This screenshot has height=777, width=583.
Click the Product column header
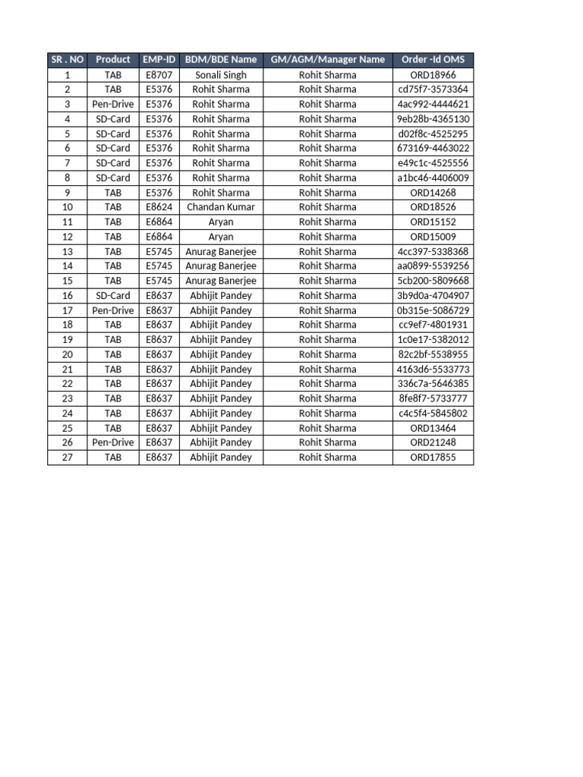pyautogui.click(x=113, y=60)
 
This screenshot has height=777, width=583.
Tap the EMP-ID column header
pyautogui.click(x=159, y=60)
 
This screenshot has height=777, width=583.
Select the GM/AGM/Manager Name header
pyautogui.click(x=327, y=60)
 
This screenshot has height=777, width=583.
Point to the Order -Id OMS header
pyautogui.click(x=433, y=60)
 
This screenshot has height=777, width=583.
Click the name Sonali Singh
pyautogui.click(x=221, y=75)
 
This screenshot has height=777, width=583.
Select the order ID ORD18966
pyautogui.click(x=433, y=75)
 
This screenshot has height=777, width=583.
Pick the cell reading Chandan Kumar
pyautogui.click(x=221, y=207)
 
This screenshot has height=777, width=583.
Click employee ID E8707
pyautogui.click(x=159, y=75)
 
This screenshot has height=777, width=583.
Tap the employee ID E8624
pyautogui.click(x=159, y=207)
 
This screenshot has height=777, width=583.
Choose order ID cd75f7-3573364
pyautogui.click(x=433, y=90)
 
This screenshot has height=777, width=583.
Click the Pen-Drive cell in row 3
pyautogui.click(x=113, y=104)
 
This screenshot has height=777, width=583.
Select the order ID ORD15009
pyautogui.click(x=433, y=237)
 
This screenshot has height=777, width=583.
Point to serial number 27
pyautogui.click(x=68, y=458)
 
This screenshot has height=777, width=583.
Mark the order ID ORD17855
pyautogui.click(x=433, y=458)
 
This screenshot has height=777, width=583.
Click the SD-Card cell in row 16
pyautogui.click(x=113, y=296)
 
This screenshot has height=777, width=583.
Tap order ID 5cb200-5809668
pyautogui.click(x=433, y=281)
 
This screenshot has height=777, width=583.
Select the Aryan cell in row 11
pyautogui.click(x=221, y=222)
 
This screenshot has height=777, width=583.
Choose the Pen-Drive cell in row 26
pyautogui.click(x=113, y=442)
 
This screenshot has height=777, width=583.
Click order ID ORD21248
pyautogui.click(x=433, y=442)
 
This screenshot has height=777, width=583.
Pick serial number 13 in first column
pyautogui.click(x=68, y=251)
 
